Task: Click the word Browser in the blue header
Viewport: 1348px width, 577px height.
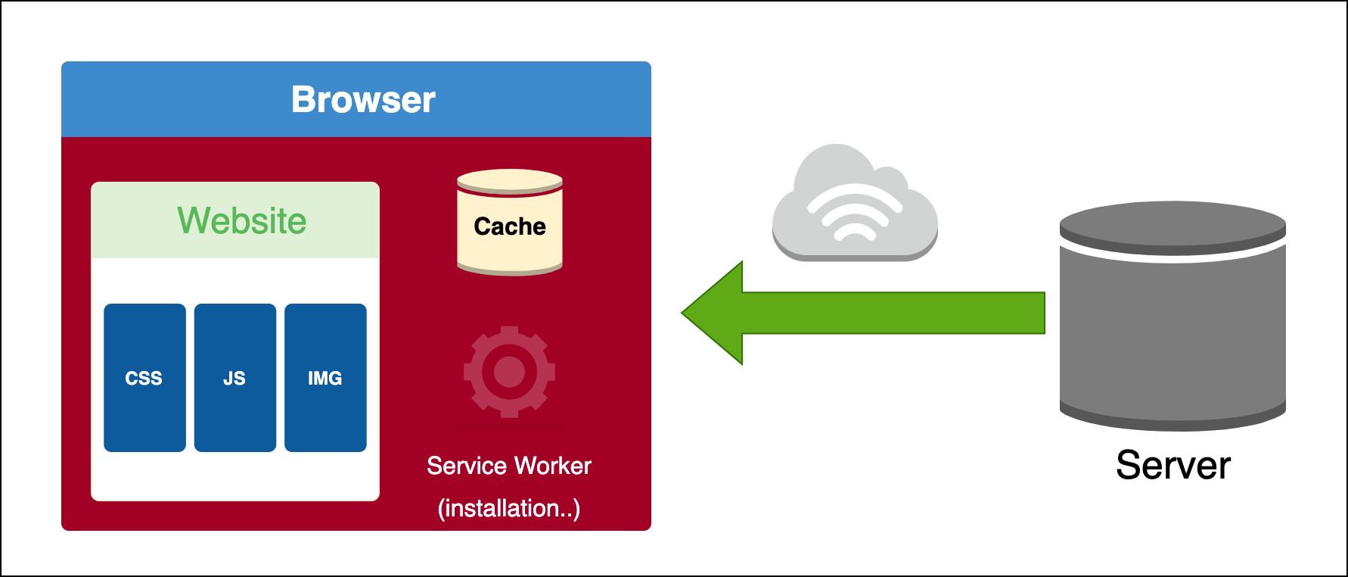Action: pyautogui.click(x=363, y=99)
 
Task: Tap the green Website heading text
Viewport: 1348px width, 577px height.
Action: pyautogui.click(x=242, y=221)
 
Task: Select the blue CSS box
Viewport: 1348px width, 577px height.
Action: pyautogui.click(x=144, y=378)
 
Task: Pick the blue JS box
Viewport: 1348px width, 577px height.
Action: pyautogui.click(x=235, y=378)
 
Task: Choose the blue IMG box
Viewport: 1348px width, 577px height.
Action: pyautogui.click(x=325, y=378)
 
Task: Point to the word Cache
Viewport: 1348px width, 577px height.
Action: pyautogui.click(x=510, y=226)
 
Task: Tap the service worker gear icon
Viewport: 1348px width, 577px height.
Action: pyautogui.click(x=509, y=372)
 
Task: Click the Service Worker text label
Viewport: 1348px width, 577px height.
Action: pyautogui.click(x=509, y=466)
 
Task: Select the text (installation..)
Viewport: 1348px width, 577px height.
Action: pyautogui.click(x=509, y=508)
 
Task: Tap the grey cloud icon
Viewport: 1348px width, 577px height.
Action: pyautogui.click(x=854, y=204)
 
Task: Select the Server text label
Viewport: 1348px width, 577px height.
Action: pyautogui.click(x=1173, y=465)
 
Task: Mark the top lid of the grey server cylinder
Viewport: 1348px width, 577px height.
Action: pyautogui.click(x=1173, y=225)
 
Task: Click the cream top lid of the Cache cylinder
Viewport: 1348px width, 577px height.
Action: pyautogui.click(x=510, y=181)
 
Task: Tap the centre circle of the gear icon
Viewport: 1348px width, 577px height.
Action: pyautogui.click(x=509, y=372)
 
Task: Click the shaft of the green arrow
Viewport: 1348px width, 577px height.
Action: pyautogui.click(x=893, y=313)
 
